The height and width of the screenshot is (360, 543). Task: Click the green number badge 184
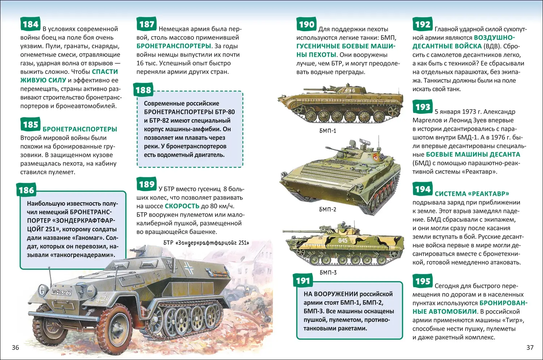click(x=30, y=24)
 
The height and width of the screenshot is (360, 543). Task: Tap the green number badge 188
click(x=143, y=90)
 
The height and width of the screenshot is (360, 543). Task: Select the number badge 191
click(x=303, y=280)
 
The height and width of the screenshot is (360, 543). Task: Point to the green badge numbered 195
click(x=422, y=281)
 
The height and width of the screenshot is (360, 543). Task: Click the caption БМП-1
click(x=328, y=131)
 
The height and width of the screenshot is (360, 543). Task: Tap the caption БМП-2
click(x=328, y=209)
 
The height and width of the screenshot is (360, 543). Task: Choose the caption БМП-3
click(x=328, y=272)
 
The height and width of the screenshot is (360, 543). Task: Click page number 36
click(x=15, y=347)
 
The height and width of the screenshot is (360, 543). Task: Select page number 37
click(x=530, y=347)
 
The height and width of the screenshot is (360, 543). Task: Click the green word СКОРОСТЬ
click(x=182, y=206)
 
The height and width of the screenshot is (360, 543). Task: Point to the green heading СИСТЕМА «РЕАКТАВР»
click(x=472, y=194)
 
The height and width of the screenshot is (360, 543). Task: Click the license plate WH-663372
click(x=61, y=292)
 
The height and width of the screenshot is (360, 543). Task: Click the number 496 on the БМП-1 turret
click(x=350, y=90)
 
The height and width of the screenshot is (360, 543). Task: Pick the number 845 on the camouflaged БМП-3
click(x=342, y=240)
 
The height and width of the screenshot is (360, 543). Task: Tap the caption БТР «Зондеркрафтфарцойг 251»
click(x=206, y=243)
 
